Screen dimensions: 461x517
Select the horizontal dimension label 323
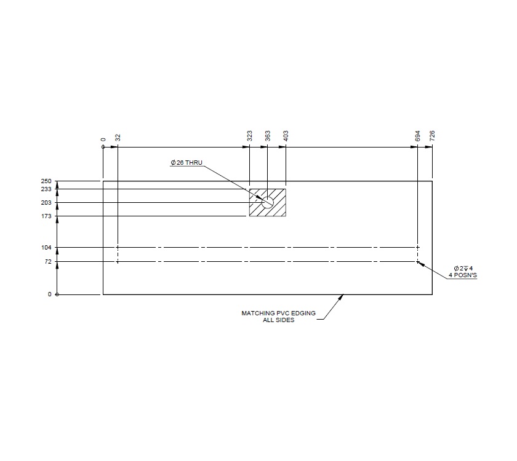click(x=249, y=136)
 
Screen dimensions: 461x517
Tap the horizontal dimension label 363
click(x=268, y=136)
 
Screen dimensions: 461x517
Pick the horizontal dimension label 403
click(x=286, y=136)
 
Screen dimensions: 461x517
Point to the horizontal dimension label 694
click(x=417, y=136)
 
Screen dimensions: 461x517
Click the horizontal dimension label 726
click(x=432, y=136)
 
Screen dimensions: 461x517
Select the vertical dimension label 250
click(x=46, y=181)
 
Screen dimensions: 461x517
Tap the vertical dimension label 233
click(x=46, y=189)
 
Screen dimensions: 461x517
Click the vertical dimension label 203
click(x=46, y=203)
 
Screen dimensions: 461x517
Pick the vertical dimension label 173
click(x=46, y=216)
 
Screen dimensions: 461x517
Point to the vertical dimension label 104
click(x=46, y=248)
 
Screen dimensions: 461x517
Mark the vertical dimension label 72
click(x=48, y=262)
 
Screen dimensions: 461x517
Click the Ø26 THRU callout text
click(x=186, y=163)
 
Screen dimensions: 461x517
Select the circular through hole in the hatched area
click(x=268, y=202)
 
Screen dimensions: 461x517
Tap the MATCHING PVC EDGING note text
click(x=278, y=313)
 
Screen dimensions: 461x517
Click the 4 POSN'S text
click(x=463, y=275)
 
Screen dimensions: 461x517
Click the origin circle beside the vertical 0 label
click(x=57, y=294)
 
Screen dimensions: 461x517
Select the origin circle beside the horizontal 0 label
click(x=103, y=148)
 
